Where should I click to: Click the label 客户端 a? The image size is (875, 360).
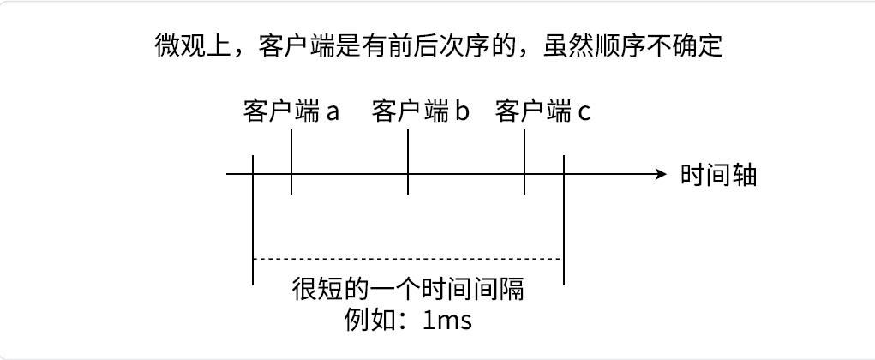291,111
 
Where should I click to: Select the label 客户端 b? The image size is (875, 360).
421,111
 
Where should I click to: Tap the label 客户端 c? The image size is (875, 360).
542,111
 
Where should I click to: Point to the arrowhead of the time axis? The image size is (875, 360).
661,174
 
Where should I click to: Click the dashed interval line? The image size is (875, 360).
407,258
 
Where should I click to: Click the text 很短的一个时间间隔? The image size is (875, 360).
408,289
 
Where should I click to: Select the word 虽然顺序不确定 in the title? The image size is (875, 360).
633,45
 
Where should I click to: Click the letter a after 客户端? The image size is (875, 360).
333,112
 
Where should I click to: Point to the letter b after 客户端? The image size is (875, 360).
462,111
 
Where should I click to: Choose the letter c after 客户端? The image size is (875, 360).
584,112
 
